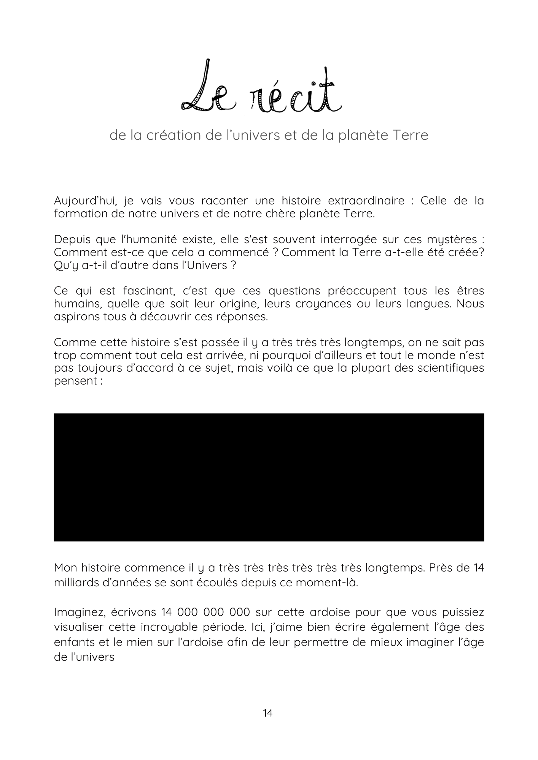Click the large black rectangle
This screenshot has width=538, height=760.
point(269,477)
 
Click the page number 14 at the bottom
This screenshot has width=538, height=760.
point(268,713)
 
